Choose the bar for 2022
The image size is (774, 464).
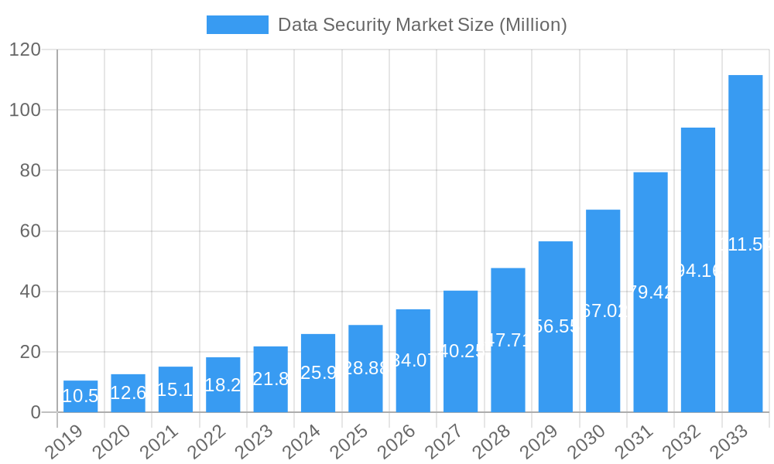click(223, 384)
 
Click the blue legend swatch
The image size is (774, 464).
click(237, 25)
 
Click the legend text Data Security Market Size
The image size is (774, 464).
click(422, 25)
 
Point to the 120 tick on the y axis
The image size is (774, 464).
click(25, 49)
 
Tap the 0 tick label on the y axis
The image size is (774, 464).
click(36, 412)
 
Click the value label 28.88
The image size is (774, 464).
click(365, 368)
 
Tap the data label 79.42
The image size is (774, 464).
click(650, 292)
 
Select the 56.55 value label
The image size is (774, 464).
click(556, 326)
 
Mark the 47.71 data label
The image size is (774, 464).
click(508, 340)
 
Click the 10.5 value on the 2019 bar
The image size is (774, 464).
click(80, 397)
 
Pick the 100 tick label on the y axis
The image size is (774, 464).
click(25, 110)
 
